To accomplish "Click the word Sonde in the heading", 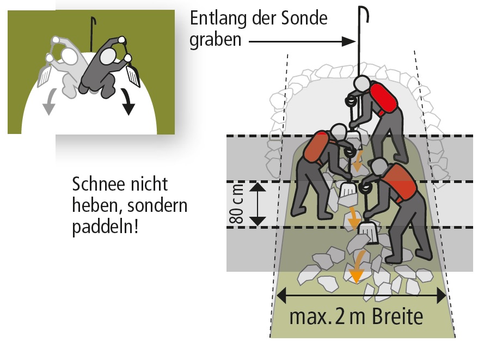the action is [x=304, y=18].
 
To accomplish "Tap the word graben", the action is [x=215, y=40].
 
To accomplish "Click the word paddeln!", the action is [x=105, y=227].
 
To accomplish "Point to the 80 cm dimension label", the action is [x=236, y=204].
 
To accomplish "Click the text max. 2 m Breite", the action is [x=356, y=316].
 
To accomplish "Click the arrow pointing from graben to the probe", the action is [x=302, y=41].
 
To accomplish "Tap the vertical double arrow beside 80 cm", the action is [x=257, y=204].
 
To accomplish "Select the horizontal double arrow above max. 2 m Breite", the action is [x=362, y=296].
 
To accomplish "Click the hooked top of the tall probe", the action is [x=365, y=13].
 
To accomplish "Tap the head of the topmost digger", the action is [x=362, y=83].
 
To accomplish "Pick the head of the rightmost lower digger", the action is [x=379, y=167].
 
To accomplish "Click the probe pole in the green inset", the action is [x=92, y=33].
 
